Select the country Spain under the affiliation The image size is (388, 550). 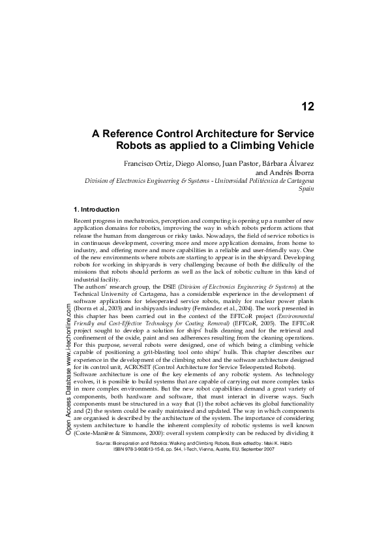coord(306,188)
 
